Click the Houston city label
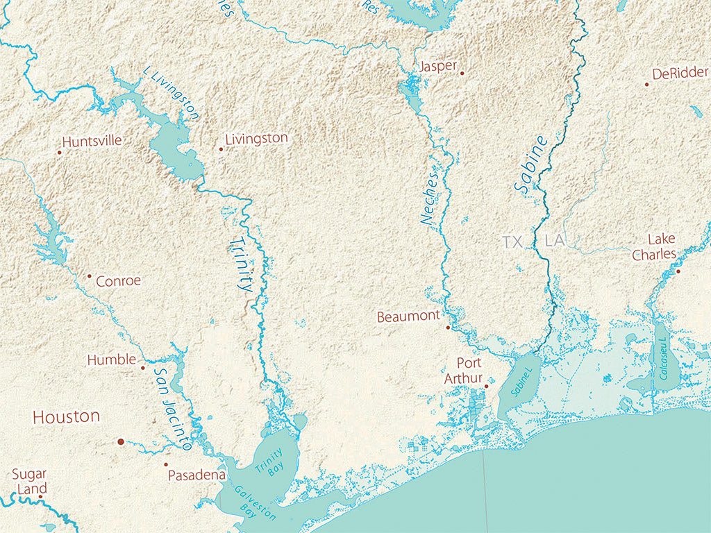pyautogui.click(x=67, y=417)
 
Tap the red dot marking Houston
pyautogui.click(x=120, y=441)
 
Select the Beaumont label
pyautogui.click(x=408, y=317)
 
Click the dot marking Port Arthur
pyautogui.click(x=486, y=387)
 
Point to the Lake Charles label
pyautogui.click(x=653, y=247)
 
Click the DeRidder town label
pyautogui.click(x=680, y=74)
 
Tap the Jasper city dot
pyautogui.click(x=462, y=72)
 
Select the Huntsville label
pyautogui.click(x=92, y=141)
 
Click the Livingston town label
pyautogui.click(x=256, y=139)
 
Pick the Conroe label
pyautogui.click(x=118, y=281)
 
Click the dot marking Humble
pyautogui.click(x=142, y=368)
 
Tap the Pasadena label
pyautogui.click(x=196, y=475)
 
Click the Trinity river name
pyautogui.click(x=240, y=264)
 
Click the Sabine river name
pyautogui.click(x=531, y=164)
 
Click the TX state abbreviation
pyautogui.click(x=512, y=242)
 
